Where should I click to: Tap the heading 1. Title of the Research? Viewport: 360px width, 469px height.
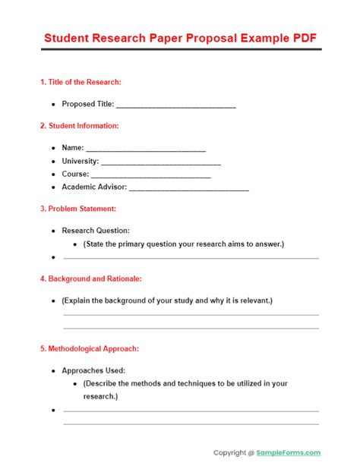[81, 82]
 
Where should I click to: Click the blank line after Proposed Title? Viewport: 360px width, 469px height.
[176, 105]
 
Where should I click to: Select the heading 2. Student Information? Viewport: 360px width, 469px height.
[79, 126]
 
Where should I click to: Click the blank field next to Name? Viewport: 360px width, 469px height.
[146, 149]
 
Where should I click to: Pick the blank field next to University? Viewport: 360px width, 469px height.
[160, 162]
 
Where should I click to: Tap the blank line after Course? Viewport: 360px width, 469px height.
[151, 175]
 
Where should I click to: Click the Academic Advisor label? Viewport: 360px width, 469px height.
[94, 187]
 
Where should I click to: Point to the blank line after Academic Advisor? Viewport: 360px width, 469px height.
[189, 187]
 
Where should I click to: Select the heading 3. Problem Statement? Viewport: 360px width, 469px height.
[77, 209]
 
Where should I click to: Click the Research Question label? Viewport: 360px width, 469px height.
[96, 231]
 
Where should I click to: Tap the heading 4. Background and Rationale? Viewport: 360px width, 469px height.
[90, 279]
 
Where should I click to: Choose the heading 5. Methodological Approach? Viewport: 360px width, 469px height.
[89, 349]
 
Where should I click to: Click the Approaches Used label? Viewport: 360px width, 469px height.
[93, 371]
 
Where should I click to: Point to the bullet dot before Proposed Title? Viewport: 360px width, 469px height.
[52, 105]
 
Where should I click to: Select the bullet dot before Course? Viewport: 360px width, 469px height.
[52, 175]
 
